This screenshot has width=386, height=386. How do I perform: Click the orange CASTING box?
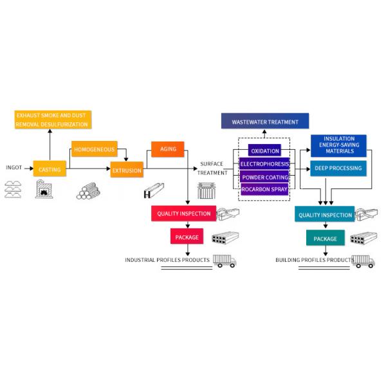click(x=50, y=169)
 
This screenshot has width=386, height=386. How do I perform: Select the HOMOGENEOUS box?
click(x=94, y=149)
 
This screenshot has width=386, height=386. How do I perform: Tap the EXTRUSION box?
click(x=126, y=170)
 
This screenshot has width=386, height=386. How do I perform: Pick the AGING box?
click(x=163, y=149)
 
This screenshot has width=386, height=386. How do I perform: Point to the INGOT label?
click(x=14, y=169)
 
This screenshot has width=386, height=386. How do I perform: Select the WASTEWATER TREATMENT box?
click(x=265, y=121)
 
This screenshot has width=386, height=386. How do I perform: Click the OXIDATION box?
click(x=264, y=151)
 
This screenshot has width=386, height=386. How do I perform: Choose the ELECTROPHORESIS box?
click(x=264, y=164)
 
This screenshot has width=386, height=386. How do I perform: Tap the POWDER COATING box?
click(x=264, y=177)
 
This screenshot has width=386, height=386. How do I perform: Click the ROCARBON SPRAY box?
click(x=264, y=189)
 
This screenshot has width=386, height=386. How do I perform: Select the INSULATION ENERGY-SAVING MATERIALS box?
click(x=338, y=145)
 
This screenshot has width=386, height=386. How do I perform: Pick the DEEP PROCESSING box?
click(x=338, y=169)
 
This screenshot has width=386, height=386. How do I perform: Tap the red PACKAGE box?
click(x=187, y=237)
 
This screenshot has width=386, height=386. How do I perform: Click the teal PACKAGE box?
click(x=325, y=238)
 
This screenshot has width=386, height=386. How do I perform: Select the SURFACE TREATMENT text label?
click(x=212, y=168)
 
